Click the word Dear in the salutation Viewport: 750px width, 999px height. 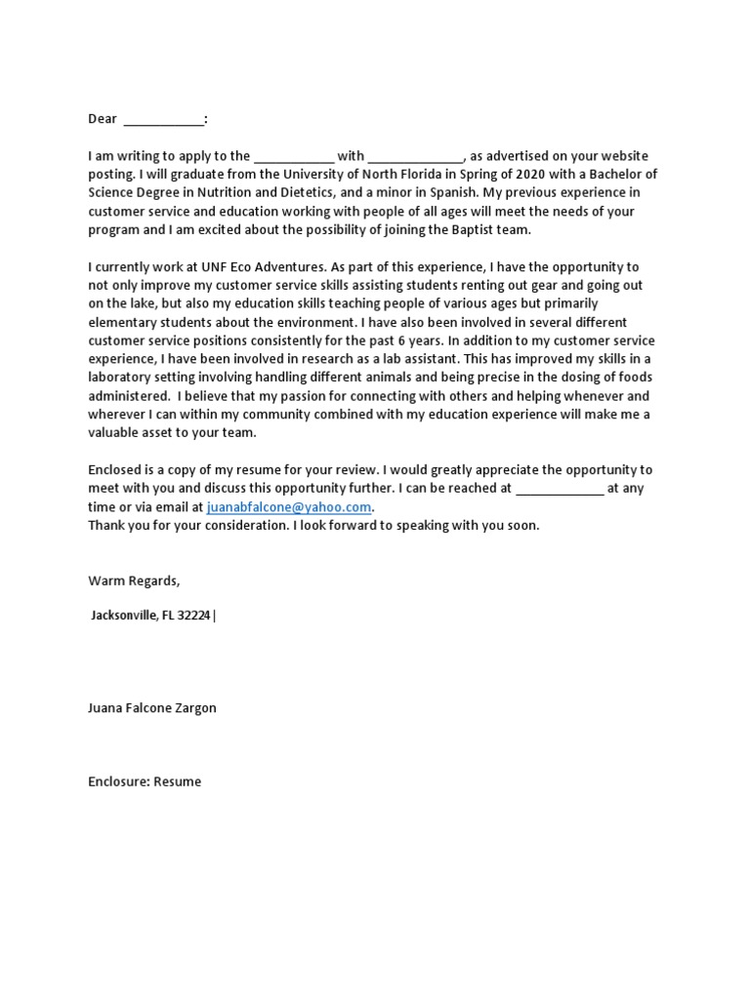coord(103,119)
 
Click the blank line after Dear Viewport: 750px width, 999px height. coord(164,121)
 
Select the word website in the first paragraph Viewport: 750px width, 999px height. coord(624,156)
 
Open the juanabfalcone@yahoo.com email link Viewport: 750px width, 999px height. coord(289,507)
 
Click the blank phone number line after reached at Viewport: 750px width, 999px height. coord(559,489)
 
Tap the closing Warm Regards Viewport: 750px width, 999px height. coord(134,580)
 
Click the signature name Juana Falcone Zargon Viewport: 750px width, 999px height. coord(152,707)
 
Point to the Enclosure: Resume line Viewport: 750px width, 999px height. coord(145,781)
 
